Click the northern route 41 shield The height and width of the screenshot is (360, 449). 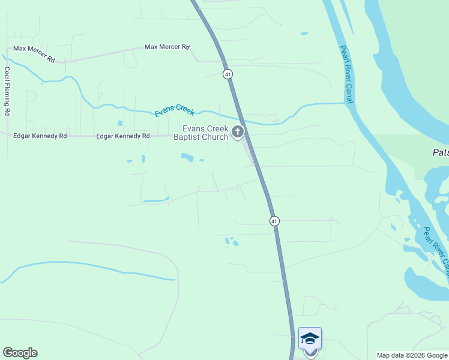click(227, 74)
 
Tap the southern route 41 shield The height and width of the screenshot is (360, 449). click(274, 221)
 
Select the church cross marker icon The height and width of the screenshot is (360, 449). click(238, 132)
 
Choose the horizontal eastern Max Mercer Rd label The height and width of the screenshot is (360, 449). click(167, 47)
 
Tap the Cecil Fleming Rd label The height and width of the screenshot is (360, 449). click(7, 91)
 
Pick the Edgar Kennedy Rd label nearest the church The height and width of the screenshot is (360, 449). click(123, 136)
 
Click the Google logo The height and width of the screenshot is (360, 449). click(20, 353)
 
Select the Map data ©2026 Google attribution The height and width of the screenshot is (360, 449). click(411, 355)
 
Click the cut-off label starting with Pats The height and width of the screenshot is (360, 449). click(440, 152)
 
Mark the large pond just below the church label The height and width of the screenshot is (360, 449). click(187, 158)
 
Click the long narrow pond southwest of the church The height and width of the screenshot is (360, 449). click(156, 200)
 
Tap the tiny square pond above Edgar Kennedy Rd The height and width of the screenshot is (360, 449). click(120, 124)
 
